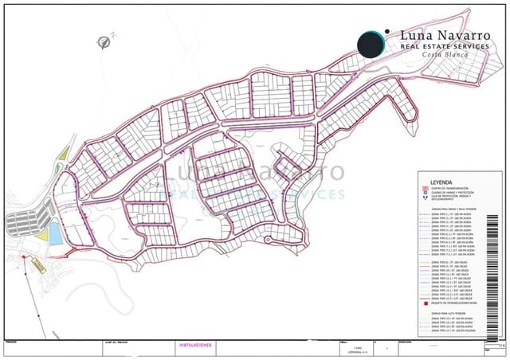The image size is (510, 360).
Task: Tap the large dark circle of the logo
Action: click(x=371, y=45)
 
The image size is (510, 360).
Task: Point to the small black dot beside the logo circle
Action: click(x=387, y=33)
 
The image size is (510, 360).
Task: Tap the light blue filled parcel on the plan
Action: click(x=53, y=234)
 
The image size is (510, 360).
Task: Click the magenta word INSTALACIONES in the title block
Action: click(x=194, y=345)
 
